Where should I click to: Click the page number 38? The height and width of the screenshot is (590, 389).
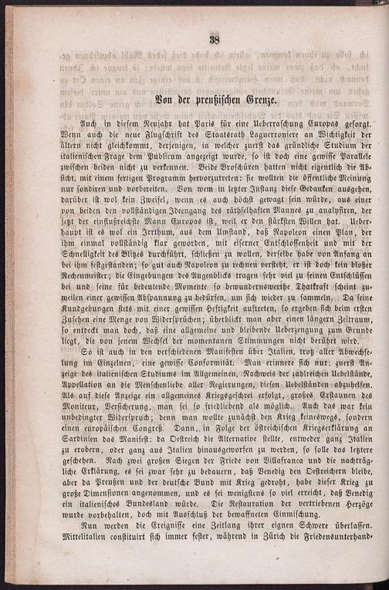(215, 41)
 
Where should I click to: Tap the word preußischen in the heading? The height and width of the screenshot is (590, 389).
(206, 101)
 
